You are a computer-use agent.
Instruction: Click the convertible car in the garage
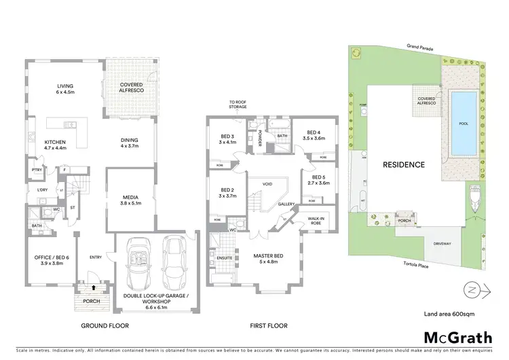140,259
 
